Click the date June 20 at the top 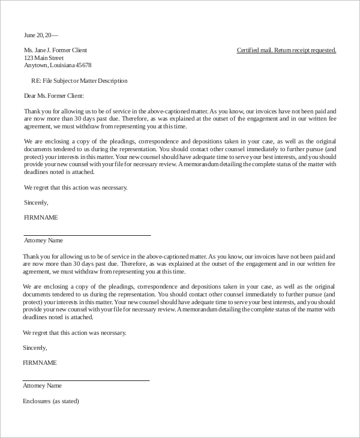point(35,35)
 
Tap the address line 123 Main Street point(44,58)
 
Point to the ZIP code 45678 point(83,65)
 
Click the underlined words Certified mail point(254,50)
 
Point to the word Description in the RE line point(112,80)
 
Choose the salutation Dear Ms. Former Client point(54,95)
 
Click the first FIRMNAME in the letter point(41,217)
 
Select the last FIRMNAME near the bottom point(40,362)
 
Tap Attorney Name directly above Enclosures point(42,386)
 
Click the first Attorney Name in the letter point(43,241)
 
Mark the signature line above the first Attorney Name point(87,235)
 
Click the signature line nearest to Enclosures point(86,380)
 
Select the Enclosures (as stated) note point(50,401)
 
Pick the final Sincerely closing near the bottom point(34,347)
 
